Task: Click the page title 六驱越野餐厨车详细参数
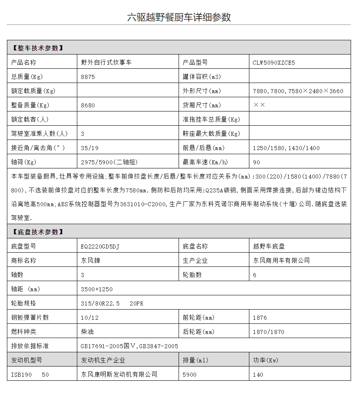click(179, 17)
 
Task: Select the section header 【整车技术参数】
click(38, 48)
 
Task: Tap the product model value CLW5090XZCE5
click(274, 63)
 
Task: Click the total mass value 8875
click(88, 77)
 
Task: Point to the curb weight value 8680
click(88, 105)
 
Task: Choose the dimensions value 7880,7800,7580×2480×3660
click(298, 91)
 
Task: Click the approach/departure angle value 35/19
click(89, 148)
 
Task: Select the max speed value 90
click(256, 162)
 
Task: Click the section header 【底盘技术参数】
click(38, 232)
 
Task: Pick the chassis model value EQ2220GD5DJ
click(100, 247)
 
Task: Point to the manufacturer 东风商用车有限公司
click(281, 260)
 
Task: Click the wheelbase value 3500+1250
click(97, 289)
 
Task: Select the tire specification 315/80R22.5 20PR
click(112, 303)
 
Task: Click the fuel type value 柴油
click(87, 332)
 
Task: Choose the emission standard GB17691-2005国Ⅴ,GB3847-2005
click(129, 346)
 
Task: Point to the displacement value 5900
click(190, 375)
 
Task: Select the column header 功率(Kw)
click(266, 360)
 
